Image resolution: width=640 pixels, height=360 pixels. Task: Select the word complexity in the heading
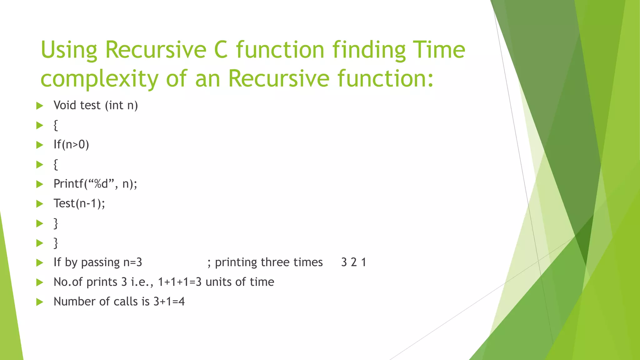coord(99,79)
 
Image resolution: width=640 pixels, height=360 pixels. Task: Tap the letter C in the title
coord(221,50)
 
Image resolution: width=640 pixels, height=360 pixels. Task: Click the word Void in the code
coord(65,105)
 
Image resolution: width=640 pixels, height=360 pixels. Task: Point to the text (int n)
coord(121,105)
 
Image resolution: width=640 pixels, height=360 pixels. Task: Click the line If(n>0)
coord(71,145)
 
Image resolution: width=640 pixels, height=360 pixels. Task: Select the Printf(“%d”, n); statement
coord(95,184)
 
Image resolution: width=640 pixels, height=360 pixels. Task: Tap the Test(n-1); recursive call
coord(79,203)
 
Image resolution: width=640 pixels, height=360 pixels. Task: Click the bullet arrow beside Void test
coord(39,106)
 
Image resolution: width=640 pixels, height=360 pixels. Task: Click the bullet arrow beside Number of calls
coord(39,302)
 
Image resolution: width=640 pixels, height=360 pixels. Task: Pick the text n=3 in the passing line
coord(132,262)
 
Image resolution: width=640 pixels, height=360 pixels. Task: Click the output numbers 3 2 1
coord(353,262)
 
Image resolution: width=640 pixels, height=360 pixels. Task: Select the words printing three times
coord(268,262)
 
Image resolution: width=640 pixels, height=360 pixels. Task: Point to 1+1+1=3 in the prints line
coord(180,282)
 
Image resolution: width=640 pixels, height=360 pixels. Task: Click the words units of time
coord(240,282)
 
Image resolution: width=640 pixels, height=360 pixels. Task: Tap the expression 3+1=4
coord(169,302)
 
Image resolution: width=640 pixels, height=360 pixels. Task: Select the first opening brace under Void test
coord(56,125)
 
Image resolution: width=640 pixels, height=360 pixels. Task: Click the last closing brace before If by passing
coord(56,243)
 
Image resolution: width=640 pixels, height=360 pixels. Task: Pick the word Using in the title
coord(69,50)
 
